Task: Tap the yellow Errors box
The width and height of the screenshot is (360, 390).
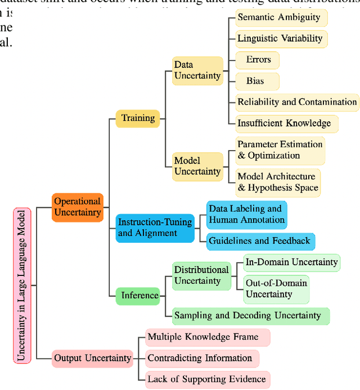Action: coord(258,60)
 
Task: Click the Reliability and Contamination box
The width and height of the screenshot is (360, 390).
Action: coord(297,102)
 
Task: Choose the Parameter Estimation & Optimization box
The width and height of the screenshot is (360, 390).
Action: coord(280,150)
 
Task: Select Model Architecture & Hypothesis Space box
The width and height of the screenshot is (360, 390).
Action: coord(278,182)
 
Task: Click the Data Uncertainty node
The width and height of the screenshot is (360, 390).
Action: coord(196,70)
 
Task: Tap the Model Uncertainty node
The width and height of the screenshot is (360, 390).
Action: coord(196,166)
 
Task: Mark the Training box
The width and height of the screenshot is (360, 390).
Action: coord(138,118)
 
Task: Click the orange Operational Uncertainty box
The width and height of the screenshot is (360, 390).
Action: coord(78,207)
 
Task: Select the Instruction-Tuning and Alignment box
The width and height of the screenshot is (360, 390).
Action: coord(155,228)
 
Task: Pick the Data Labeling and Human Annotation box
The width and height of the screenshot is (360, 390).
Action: coord(246,215)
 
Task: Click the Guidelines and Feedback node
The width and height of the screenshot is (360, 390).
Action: coord(259,241)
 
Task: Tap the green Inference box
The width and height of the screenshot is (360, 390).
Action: coord(137,295)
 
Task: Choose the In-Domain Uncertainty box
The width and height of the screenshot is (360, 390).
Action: coord(291,262)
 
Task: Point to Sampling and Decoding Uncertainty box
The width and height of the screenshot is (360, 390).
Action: coord(250,316)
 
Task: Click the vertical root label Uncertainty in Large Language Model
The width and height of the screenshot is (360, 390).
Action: coord(21,285)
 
